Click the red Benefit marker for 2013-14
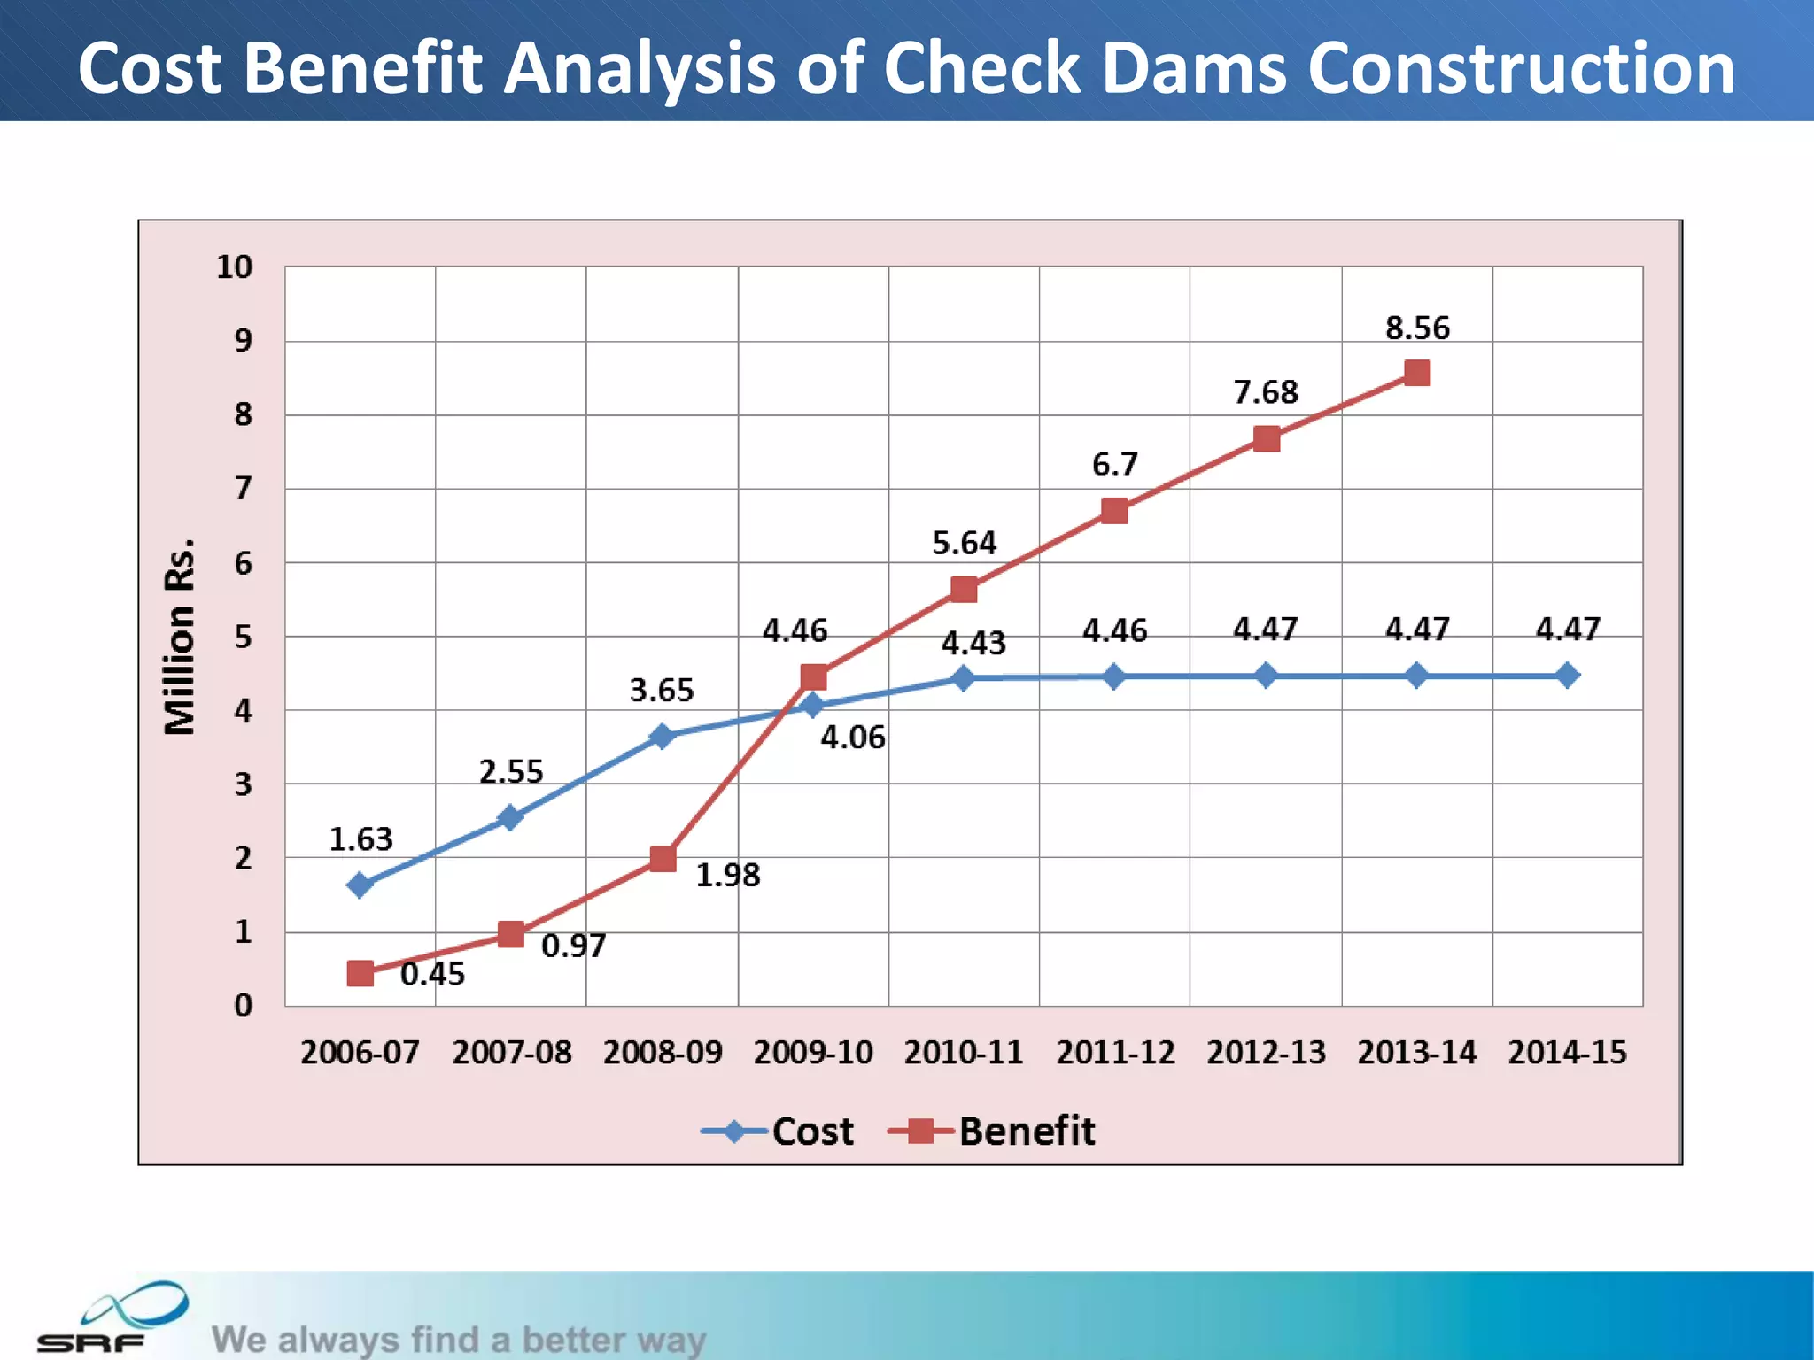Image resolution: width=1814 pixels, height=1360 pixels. pyautogui.click(x=1417, y=373)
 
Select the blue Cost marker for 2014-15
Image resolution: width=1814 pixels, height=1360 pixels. pyautogui.click(x=1567, y=676)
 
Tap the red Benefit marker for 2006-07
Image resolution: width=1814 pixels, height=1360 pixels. pyautogui.click(x=360, y=973)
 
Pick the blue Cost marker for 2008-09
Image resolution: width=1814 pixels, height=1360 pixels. pyautogui.click(x=662, y=736)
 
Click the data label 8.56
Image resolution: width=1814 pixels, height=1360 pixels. pyautogui.click(x=1417, y=328)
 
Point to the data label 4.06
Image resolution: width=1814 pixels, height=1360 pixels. pyautogui.click(x=852, y=738)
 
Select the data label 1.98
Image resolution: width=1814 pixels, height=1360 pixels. pyautogui.click(x=727, y=876)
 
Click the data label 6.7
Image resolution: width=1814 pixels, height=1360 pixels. pyautogui.click(x=1114, y=465)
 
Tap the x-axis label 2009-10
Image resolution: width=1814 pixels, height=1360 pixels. pyautogui.click(x=813, y=1053)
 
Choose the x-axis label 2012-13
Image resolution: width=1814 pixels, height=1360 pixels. pyautogui.click(x=1266, y=1053)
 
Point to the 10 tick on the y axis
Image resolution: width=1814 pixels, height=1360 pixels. pyautogui.click(x=235, y=267)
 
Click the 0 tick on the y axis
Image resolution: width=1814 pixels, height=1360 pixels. pyautogui.click(x=243, y=1006)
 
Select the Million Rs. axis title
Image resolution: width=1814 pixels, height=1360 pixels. pyautogui.click(x=180, y=636)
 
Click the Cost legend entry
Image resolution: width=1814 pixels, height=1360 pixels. pyautogui.click(x=812, y=1132)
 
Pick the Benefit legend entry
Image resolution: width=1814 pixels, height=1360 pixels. pyautogui.click(x=1027, y=1132)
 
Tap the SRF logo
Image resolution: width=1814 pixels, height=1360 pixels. pyautogui.click(x=111, y=1319)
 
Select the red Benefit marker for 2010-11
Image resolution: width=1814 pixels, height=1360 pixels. pyautogui.click(x=964, y=590)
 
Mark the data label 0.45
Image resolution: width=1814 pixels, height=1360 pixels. pyautogui.click(x=432, y=975)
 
